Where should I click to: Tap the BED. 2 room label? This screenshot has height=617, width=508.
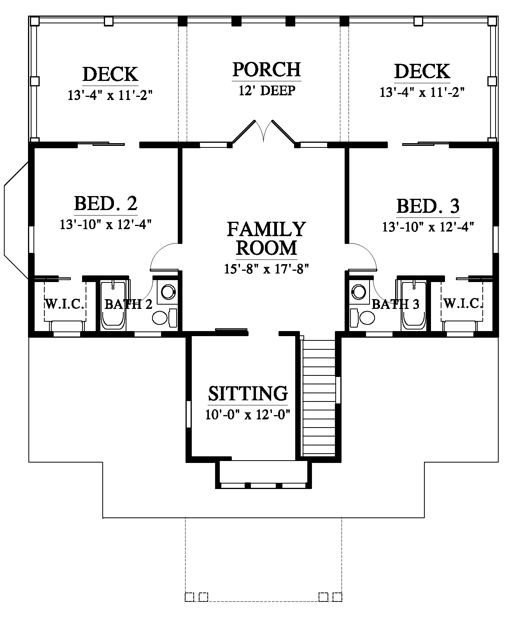click(106, 203)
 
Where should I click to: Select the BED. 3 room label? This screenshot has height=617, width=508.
click(428, 206)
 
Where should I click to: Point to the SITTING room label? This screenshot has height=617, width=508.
click(248, 393)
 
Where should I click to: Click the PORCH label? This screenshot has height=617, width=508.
click(266, 70)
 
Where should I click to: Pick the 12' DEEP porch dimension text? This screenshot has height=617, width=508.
click(267, 91)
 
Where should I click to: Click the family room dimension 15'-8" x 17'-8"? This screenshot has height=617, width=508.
click(266, 269)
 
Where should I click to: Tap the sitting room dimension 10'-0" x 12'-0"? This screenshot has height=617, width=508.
click(248, 414)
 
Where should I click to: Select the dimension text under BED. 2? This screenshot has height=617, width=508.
click(106, 224)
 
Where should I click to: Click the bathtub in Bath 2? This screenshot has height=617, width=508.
click(113, 306)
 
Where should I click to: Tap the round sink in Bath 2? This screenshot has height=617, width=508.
click(168, 292)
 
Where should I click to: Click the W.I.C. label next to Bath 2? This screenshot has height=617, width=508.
click(65, 304)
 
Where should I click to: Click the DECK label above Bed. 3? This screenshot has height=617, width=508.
click(422, 72)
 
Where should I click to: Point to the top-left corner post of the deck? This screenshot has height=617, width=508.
click(35, 21)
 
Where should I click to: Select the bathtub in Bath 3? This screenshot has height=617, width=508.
click(414, 306)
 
